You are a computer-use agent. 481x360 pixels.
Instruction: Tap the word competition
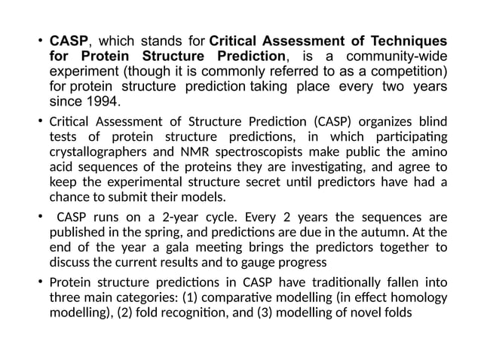click(x=408, y=72)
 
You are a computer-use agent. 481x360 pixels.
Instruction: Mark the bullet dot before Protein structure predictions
click(x=41, y=283)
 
